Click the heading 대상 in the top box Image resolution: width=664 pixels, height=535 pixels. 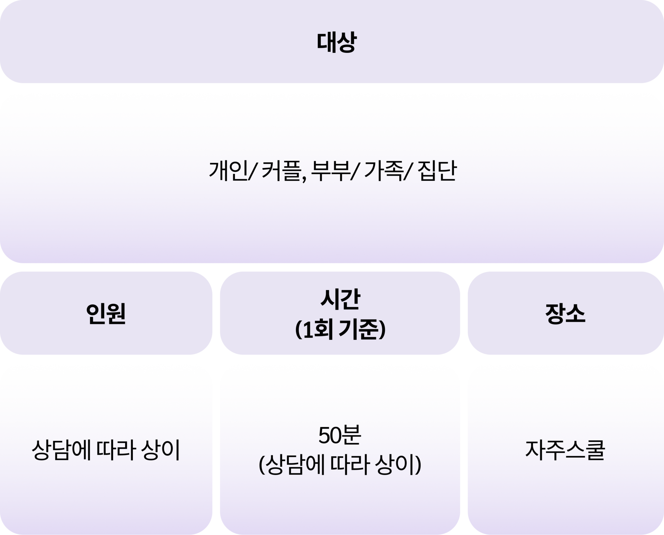(x=336, y=42)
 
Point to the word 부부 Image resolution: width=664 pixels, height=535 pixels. (x=330, y=171)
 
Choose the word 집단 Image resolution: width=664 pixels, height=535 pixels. (x=437, y=171)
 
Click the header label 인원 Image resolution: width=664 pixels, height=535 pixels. (x=106, y=313)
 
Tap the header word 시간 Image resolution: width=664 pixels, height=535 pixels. (x=340, y=299)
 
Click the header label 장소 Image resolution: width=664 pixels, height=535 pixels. (x=565, y=313)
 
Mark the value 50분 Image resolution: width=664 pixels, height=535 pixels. (x=340, y=436)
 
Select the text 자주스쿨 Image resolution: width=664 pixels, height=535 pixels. (x=565, y=450)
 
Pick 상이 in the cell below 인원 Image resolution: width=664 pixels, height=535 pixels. (x=160, y=450)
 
